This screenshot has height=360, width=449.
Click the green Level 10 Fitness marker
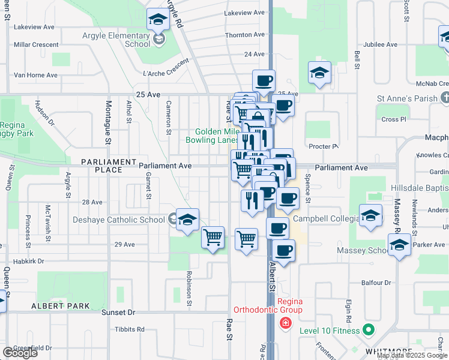369,330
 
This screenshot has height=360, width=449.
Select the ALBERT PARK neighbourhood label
61,306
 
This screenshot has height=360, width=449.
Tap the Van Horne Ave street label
35,75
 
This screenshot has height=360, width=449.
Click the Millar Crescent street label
36,44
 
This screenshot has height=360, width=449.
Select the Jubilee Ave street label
381,44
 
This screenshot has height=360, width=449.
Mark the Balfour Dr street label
376,282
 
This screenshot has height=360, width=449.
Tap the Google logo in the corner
20,352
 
